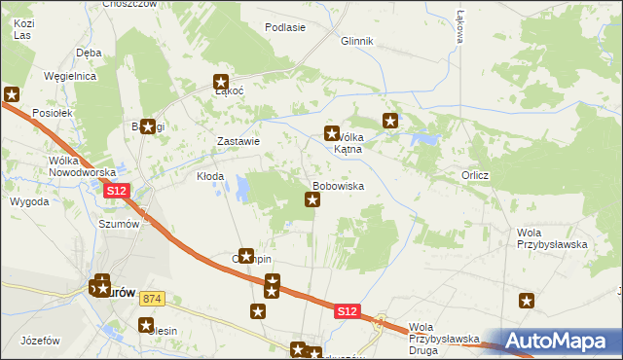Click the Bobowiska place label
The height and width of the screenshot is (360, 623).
[x=338, y=184]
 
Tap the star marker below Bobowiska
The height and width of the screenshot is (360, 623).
[x=312, y=200]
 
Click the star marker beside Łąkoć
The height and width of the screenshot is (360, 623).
[x=221, y=83]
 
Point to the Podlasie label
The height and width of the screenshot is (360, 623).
[x=285, y=27]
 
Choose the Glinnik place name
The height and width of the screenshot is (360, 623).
[x=357, y=42]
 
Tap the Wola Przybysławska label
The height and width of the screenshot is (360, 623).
[x=551, y=238]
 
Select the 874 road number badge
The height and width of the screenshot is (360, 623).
[x=150, y=299]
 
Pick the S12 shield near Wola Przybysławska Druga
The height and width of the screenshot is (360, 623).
[x=348, y=311]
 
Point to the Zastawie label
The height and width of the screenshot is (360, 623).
[x=238, y=141]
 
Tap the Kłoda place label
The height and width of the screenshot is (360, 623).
[x=210, y=177]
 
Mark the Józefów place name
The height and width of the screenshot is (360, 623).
[x=40, y=341]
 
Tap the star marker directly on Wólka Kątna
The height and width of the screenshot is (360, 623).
[x=331, y=133]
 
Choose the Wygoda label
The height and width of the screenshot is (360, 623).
[x=29, y=201]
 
